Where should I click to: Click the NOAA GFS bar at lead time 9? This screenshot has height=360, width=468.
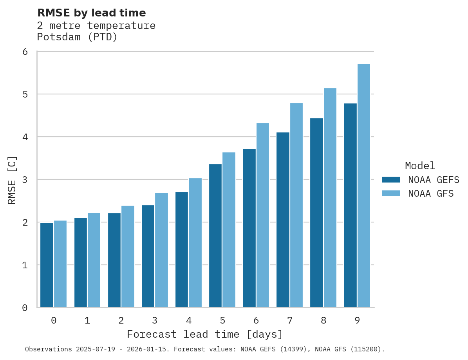pos(364,186)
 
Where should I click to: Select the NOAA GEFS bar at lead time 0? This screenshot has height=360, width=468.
pos(47,265)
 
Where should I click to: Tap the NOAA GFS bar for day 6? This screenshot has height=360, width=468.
pos(263,215)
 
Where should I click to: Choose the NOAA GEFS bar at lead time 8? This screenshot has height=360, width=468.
pos(316,213)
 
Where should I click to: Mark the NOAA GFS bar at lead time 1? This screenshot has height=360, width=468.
pos(94,260)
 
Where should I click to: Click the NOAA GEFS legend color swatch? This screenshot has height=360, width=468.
pos(391,180)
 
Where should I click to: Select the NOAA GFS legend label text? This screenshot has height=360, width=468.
pos(431,194)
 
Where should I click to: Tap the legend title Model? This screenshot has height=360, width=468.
pos(420,166)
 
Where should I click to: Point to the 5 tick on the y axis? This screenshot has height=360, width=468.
pos(25,94)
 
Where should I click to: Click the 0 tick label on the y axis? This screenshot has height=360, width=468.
pos(25,308)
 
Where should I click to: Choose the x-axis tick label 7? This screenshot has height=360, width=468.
pos(290,320)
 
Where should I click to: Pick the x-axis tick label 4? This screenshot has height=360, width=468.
pos(189,320)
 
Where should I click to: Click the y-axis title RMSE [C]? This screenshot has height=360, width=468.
pos(12,180)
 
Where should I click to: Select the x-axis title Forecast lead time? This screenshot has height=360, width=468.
pos(205,335)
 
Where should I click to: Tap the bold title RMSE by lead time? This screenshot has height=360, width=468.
pos(91,13)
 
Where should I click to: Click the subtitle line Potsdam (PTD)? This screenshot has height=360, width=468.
pos(77,37)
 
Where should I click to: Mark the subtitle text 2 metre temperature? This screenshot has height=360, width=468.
pos(96,25)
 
